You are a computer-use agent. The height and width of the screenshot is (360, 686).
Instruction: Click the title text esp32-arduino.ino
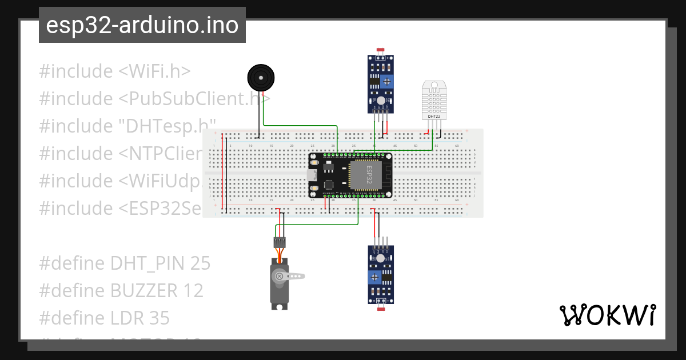click(142, 25)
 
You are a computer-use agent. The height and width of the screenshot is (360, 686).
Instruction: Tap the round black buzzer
click(260, 77)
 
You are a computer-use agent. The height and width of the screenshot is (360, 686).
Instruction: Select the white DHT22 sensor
click(434, 99)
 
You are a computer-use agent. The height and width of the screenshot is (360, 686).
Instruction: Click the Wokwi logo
click(607, 315)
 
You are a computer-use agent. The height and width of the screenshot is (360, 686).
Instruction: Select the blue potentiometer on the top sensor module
click(388, 82)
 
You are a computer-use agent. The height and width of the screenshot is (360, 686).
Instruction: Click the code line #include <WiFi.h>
click(114, 71)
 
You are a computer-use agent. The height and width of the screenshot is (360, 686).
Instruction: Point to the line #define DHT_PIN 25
click(125, 263)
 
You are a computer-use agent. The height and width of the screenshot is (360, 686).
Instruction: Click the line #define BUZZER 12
click(121, 291)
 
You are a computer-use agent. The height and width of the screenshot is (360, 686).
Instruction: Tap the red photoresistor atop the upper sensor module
click(380, 50)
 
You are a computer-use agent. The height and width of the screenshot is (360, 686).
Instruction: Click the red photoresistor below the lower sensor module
click(381, 309)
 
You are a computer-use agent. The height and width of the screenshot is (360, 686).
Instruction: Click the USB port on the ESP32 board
click(313, 175)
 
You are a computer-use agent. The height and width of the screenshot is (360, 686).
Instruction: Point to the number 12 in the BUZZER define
click(194, 291)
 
